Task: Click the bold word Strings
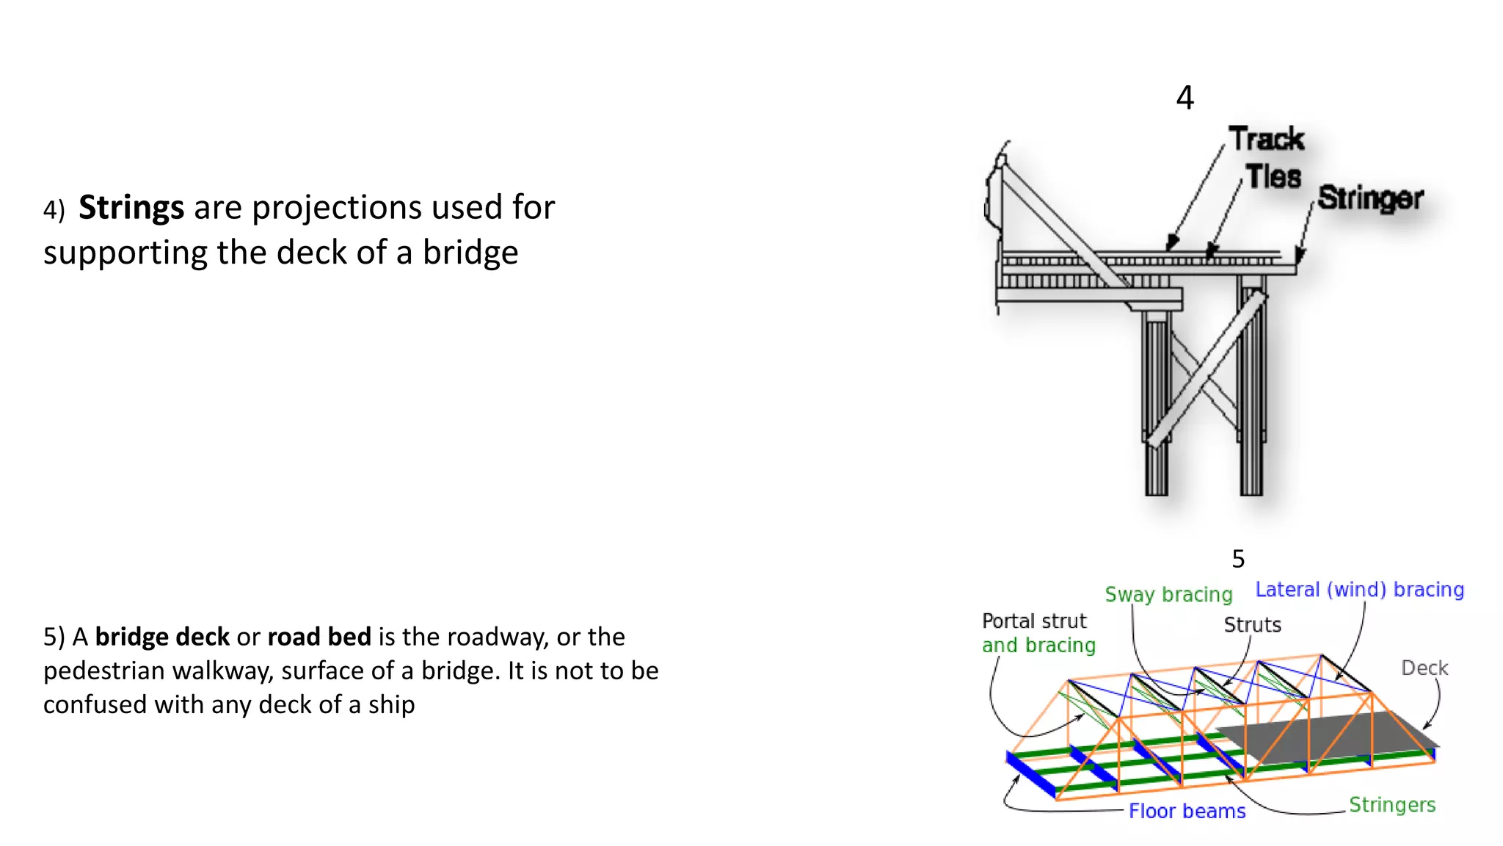(131, 208)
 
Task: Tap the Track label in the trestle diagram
(1267, 139)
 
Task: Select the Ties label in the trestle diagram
(1273, 177)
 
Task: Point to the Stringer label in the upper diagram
(1370, 198)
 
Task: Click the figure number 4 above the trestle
(1184, 98)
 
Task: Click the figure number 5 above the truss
(1238, 559)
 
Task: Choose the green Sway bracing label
(1168, 594)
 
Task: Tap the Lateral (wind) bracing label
(1359, 590)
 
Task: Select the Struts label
(1252, 625)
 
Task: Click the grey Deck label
(1424, 668)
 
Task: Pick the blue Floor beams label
(1187, 811)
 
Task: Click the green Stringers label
(1391, 805)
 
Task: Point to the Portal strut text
(1034, 621)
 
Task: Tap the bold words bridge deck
(162, 637)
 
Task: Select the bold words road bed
(319, 637)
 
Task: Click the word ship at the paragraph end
(391, 705)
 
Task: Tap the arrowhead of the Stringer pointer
(1299, 257)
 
